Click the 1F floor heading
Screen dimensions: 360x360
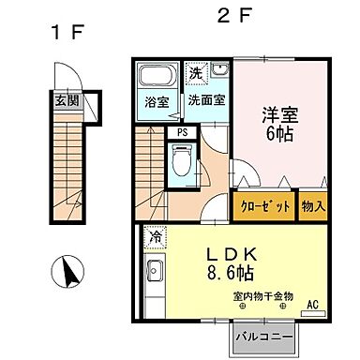pos(67,32)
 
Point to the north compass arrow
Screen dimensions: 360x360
pos(67,273)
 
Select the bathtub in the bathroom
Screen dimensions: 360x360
pos(156,78)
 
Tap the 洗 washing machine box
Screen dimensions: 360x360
pos(195,72)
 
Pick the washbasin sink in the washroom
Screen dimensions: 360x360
pos(219,71)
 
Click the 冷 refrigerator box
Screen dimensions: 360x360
pos(156,238)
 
